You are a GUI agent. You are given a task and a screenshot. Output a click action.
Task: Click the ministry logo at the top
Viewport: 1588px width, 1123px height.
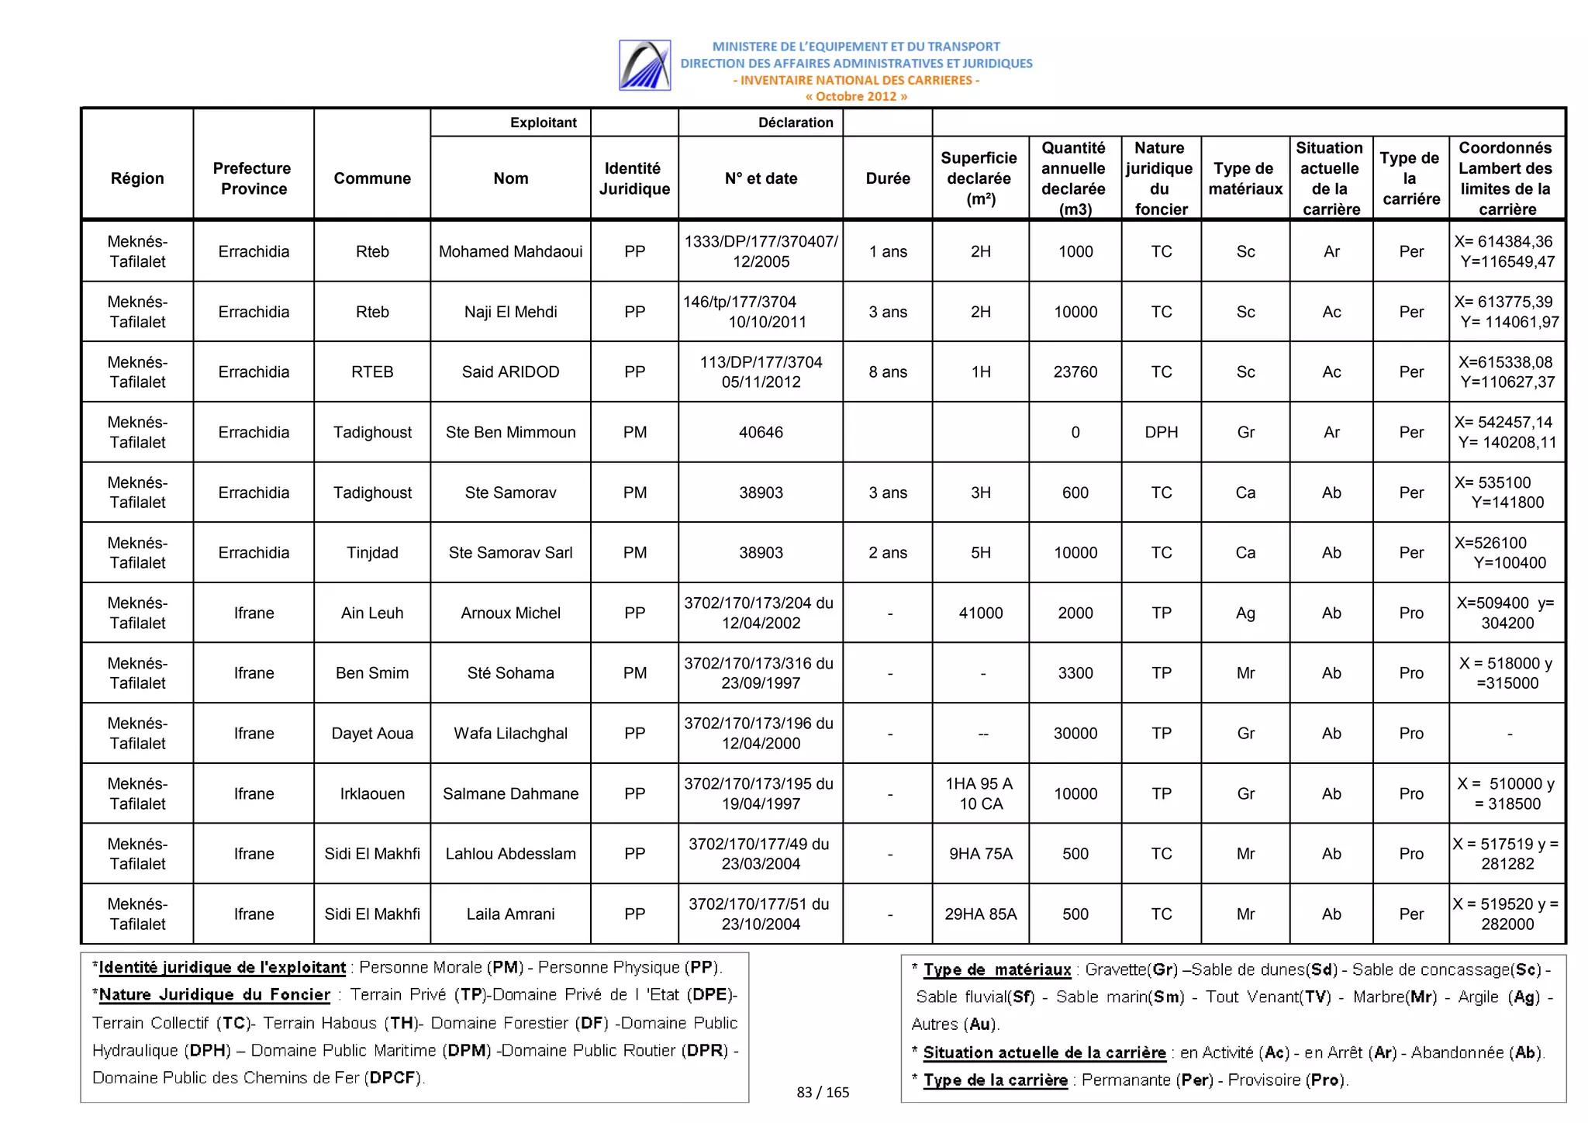coord(644,65)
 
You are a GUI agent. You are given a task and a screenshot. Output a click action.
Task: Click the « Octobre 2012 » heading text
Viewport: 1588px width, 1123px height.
coord(855,96)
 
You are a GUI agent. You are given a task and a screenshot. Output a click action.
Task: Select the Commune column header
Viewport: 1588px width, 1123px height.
coord(372,178)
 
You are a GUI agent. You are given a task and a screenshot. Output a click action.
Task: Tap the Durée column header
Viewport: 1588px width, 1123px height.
coord(887,178)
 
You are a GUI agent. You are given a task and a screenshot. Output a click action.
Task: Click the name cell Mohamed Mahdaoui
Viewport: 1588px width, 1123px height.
coord(510,251)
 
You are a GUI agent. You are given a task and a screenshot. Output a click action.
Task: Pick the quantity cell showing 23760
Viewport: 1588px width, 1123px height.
coord(1075,371)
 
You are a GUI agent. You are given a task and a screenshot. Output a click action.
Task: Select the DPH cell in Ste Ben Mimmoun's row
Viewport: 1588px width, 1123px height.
coord(1161,432)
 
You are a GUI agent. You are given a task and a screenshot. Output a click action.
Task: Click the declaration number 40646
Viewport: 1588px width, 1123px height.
coord(760,432)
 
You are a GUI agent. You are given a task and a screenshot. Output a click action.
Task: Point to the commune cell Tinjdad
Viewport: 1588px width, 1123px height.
coord(372,552)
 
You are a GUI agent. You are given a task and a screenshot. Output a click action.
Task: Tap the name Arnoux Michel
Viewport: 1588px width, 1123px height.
coord(510,613)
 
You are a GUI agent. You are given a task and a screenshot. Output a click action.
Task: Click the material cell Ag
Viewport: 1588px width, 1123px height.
coord(1245,613)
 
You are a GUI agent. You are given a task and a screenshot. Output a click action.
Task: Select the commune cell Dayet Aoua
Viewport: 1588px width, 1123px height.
coord(372,733)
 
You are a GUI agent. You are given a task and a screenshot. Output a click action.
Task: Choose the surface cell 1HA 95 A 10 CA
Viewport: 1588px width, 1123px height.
coord(980,793)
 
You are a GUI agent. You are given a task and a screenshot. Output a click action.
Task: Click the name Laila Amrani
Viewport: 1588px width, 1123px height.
coord(510,914)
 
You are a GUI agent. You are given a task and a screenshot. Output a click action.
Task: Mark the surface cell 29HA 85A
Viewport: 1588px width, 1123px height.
coord(980,914)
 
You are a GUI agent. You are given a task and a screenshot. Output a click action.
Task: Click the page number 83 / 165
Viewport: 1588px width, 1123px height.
coord(823,1092)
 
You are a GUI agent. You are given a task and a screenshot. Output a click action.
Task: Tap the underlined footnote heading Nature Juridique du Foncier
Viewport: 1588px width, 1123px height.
coord(214,994)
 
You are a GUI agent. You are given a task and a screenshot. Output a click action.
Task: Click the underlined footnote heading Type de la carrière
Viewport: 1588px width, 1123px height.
coord(995,1080)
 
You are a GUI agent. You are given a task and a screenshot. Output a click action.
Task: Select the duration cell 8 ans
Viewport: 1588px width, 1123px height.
coord(887,371)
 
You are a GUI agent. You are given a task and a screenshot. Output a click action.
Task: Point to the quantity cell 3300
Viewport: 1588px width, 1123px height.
coord(1075,672)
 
